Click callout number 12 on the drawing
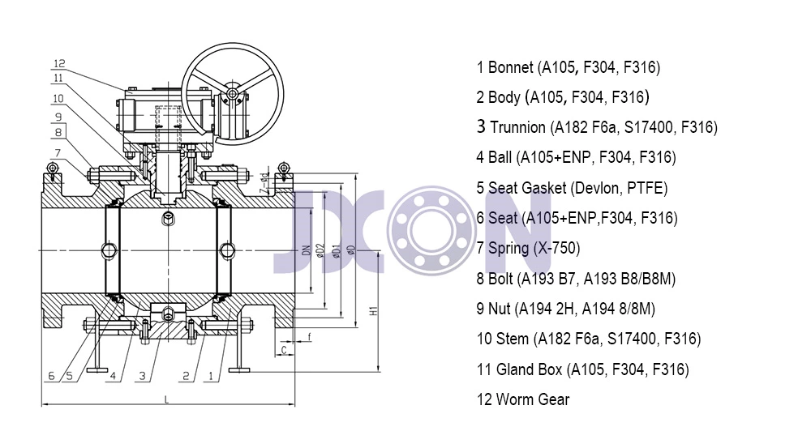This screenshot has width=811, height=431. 59,63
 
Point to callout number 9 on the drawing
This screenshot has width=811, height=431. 58,117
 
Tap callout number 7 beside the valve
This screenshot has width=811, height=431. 58,153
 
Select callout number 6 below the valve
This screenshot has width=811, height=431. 51,376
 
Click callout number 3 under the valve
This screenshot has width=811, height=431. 142,376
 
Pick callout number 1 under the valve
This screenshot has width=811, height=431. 211,376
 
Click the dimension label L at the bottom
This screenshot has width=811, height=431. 166,399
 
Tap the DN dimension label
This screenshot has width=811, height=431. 307,250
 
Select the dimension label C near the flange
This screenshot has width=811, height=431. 284,350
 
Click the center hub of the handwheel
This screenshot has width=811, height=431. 232,93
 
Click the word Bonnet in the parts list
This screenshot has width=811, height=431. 510,67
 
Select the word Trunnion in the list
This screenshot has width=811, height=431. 517,127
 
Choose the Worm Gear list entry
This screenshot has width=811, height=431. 523,399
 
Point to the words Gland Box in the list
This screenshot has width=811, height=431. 529,369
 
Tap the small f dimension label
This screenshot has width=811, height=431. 309,337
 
